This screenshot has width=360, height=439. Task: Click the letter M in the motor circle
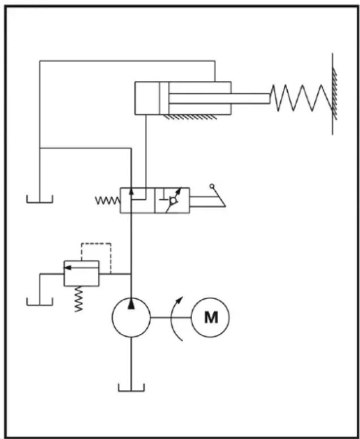pyautogui.click(x=211, y=317)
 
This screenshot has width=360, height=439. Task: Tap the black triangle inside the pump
pyautogui.click(x=131, y=304)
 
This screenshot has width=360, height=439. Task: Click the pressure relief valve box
pyautogui.click(x=81, y=274)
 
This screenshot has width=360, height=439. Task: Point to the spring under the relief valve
pyautogui.click(x=79, y=299)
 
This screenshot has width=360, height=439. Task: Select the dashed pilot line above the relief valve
pyautogui.click(x=96, y=243)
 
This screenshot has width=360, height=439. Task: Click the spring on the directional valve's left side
pyautogui.click(x=108, y=200)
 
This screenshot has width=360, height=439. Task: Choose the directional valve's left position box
pyautogui.click(x=137, y=200)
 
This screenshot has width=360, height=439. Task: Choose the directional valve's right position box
pyautogui.click(x=172, y=200)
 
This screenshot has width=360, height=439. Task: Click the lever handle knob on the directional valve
pyautogui.click(x=212, y=186)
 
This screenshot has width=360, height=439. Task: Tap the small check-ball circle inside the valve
pyautogui.click(x=174, y=200)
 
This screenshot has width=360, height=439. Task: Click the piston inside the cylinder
pyautogui.click(x=164, y=98)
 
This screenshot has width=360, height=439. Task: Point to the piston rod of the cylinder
pyautogui.click(x=220, y=98)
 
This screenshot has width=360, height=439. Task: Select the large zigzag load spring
pyautogui.click(x=302, y=98)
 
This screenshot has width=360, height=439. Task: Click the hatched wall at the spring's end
pyautogui.click(x=334, y=94)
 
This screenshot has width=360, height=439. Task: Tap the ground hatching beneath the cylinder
pyautogui.click(x=190, y=117)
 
